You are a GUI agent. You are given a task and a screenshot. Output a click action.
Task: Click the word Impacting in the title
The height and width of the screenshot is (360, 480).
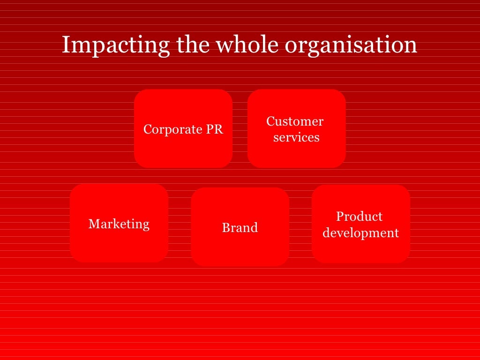116,45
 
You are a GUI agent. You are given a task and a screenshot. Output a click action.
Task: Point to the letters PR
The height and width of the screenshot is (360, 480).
214,129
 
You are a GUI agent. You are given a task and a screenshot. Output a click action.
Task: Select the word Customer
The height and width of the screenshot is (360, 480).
295,121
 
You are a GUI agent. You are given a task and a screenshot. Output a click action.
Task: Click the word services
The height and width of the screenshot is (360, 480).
296,137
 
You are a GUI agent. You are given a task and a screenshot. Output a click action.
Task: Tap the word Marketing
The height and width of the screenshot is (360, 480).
119,224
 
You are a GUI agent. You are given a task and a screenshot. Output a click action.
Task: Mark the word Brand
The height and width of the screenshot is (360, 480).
240,228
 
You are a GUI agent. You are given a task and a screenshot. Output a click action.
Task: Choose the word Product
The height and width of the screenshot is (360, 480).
360,217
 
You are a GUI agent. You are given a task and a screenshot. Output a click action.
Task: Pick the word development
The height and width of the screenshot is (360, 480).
361,232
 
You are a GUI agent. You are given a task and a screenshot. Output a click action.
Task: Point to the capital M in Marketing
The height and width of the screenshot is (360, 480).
93,224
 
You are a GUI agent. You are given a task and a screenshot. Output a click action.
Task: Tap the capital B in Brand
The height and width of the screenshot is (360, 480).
225,228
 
